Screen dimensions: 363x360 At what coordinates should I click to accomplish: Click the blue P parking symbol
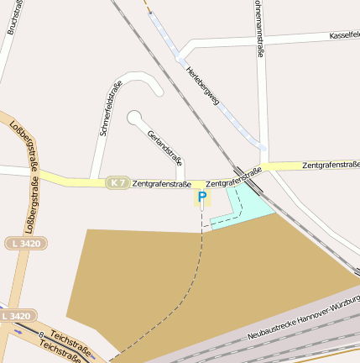201,197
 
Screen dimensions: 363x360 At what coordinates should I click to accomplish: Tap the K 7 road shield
117,182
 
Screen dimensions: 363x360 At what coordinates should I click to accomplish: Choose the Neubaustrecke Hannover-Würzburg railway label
304,318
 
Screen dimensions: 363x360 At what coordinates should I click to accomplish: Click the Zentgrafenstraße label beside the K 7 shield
162,182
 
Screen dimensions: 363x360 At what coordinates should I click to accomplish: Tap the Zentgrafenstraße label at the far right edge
331,165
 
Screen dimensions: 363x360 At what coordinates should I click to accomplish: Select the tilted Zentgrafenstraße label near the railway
233,177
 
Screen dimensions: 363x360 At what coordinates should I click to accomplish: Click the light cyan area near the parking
248,206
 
